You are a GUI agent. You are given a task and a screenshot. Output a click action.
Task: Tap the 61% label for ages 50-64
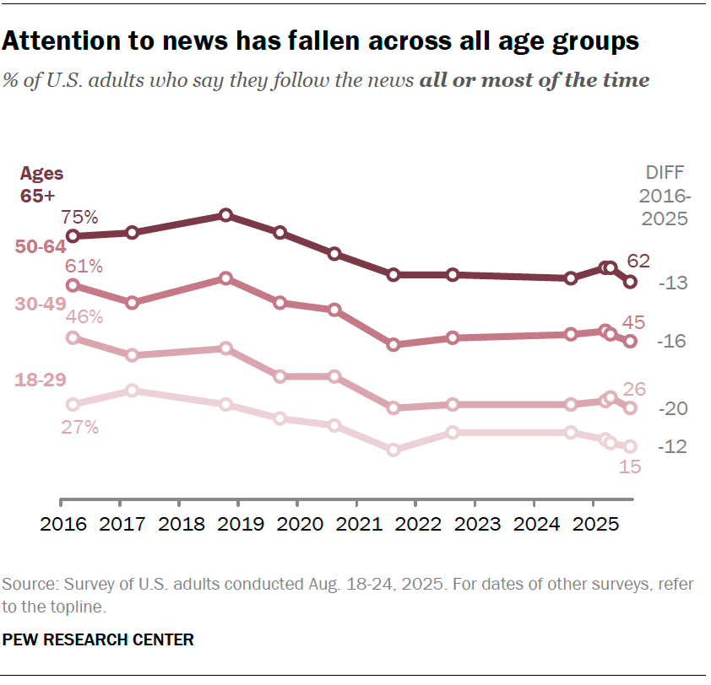[84, 267]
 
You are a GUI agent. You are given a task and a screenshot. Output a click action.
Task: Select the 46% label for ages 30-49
[84, 317]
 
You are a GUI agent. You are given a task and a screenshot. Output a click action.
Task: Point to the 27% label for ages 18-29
[80, 427]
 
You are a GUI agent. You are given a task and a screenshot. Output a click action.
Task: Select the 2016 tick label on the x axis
[64, 525]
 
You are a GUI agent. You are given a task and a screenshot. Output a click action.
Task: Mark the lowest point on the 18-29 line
[393, 450]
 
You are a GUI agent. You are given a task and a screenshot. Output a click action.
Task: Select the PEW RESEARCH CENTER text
[98, 639]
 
